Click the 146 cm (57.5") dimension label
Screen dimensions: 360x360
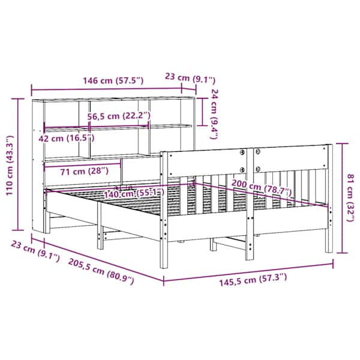[113, 80]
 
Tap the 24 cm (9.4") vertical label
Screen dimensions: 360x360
[214, 114]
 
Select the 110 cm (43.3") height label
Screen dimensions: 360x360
[10, 166]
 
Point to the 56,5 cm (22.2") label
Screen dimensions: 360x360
[119, 116]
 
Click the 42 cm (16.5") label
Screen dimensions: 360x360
[67, 138]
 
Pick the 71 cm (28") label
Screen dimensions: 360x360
[84, 171]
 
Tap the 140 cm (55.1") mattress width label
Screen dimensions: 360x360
[134, 193]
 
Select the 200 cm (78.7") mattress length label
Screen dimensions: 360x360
[262, 188]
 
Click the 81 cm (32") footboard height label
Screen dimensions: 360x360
[350, 197]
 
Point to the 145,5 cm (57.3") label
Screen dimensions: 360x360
[253, 280]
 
